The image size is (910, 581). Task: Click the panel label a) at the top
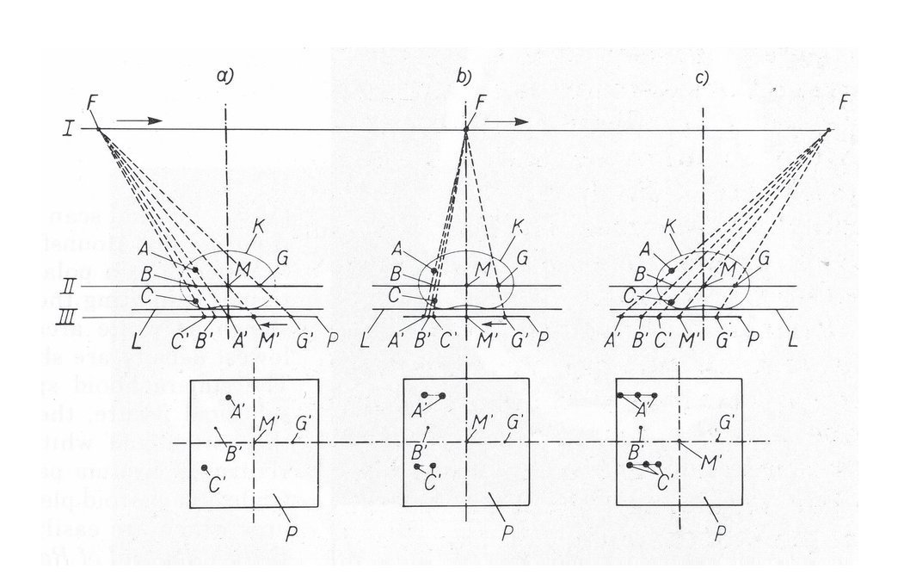[225, 77]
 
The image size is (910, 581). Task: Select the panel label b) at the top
[464, 77]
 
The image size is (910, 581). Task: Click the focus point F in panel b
[465, 130]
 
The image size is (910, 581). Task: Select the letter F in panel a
[92, 106]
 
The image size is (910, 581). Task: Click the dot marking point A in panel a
[197, 270]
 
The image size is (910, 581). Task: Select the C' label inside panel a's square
[215, 485]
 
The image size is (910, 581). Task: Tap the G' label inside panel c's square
[727, 423]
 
